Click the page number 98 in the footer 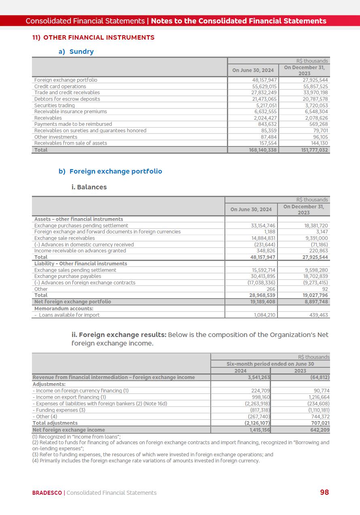coord(324,492)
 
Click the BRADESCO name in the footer coord(47,493)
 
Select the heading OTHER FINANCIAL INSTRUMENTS coord(99,38)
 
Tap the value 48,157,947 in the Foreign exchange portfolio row coord(265,80)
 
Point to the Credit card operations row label coord(60,87)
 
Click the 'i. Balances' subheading coord(89,187)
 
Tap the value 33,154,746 coord(263,226)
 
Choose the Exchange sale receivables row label coord(64,238)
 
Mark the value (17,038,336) coord(261,283)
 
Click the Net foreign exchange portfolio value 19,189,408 coord(263,302)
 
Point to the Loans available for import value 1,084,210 coord(265,315)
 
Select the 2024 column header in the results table coord(240,371)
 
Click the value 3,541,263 coord(259,377)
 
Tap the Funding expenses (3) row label coord(59,410)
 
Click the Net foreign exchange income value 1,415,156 coord(259,430)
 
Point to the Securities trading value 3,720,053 coord(316,106)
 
